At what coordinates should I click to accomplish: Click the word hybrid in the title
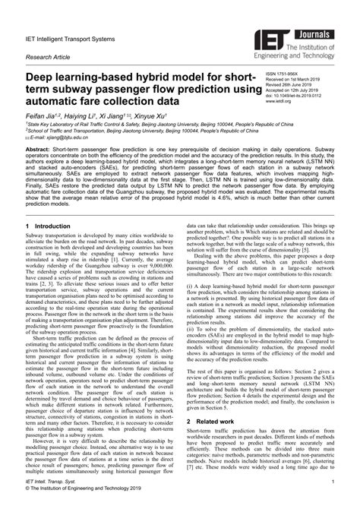(x=141, y=77)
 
